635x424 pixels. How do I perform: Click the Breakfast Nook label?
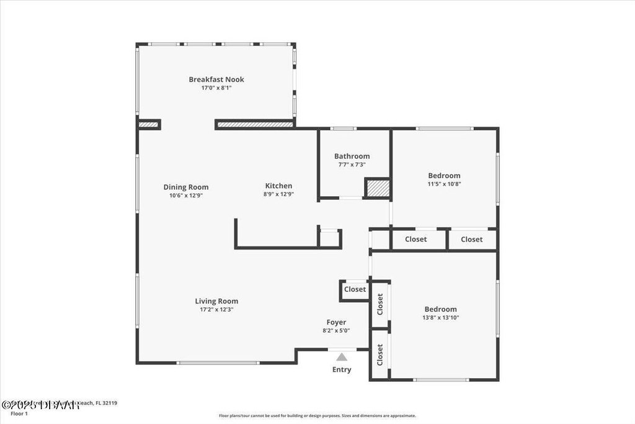pyautogui.click(x=216, y=79)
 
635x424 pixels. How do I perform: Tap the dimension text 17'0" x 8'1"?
pyautogui.click(x=216, y=88)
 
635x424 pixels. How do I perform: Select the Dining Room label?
pyautogui.click(x=186, y=187)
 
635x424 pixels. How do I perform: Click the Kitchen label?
pyautogui.click(x=278, y=186)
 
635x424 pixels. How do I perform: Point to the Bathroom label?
pyautogui.click(x=352, y=156)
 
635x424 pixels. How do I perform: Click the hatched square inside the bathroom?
pyautogui.click(x=377, y=188)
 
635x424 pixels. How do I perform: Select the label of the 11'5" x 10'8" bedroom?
pyautogui.click(x=444, y=176)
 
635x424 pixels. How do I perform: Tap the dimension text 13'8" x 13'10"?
pyautogui.click(x=441, y=317)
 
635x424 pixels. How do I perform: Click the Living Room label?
pyautogui.click(x=216, y=301)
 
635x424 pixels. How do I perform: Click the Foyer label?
pyautogui.click(x=337, y=322)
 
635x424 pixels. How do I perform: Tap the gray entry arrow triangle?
pyautogui.click(x=342, y=356)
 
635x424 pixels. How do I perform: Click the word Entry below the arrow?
pyautogui.click(x=342, y=369)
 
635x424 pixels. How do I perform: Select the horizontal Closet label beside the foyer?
pyautogui.click(x=355, y=289)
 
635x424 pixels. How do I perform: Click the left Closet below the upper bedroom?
pyautogui.click(x=415, y=240)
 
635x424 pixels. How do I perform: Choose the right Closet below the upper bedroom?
pyautogui.click(x=471, y=240)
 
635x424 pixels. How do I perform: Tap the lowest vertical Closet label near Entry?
pyautogui.click(x=380, y=354)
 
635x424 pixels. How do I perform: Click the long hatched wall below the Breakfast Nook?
pyautogui.click(x=255, y=125)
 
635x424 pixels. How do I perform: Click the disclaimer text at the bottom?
pyautogui.click(x=317, y=416)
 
